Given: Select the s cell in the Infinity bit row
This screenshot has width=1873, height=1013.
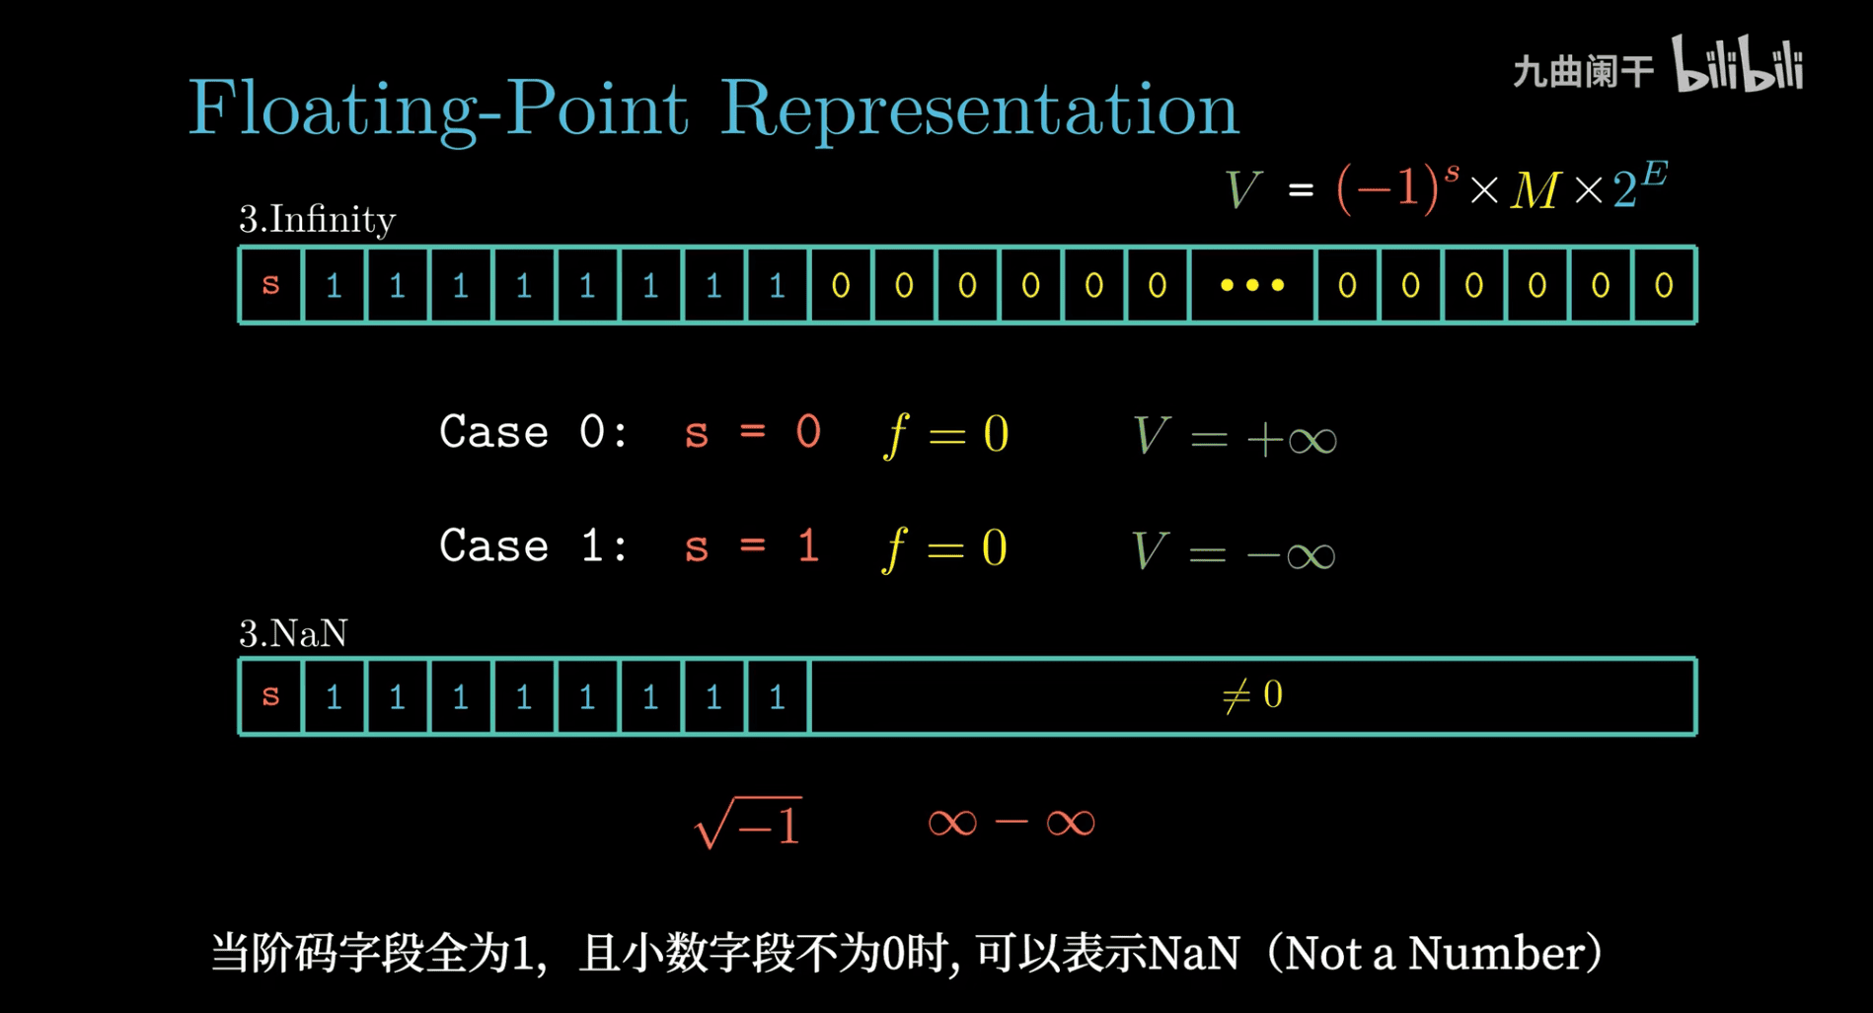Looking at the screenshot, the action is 271,284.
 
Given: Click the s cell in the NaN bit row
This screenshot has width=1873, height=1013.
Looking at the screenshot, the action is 271,695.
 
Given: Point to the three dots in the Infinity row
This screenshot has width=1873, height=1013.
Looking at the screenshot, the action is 1252,285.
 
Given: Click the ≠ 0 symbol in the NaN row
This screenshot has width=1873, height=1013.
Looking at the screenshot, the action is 1252,695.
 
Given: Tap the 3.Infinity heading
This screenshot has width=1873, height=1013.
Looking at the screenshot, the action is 317,219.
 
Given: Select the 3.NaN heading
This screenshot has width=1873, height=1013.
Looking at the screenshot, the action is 293,632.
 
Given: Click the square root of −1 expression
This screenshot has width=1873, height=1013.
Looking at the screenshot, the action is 748,823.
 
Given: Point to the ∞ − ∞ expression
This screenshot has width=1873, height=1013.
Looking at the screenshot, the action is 1011,822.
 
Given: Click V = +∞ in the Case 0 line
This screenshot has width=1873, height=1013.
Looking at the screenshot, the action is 1235,436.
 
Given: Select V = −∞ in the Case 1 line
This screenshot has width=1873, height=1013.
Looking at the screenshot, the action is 1234,550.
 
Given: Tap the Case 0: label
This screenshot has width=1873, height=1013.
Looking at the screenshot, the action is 533,432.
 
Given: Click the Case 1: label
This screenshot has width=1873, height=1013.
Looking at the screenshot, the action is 533,545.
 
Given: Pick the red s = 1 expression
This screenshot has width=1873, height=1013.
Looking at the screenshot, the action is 752,545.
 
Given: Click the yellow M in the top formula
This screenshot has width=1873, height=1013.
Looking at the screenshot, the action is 1535,189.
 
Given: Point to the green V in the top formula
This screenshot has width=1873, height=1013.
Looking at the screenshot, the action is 1242,188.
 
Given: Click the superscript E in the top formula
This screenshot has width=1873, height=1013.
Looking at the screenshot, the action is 1655,175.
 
